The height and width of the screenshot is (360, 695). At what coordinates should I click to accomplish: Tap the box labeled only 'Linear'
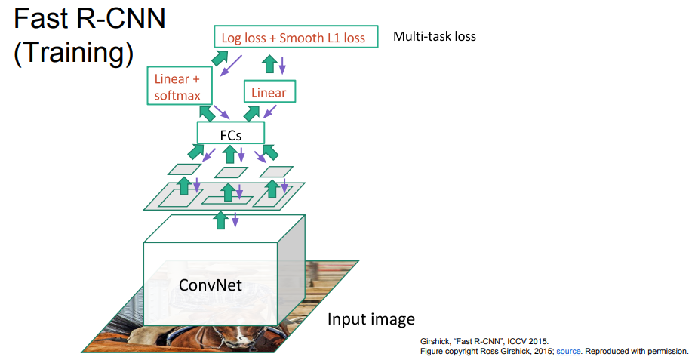(269, 93)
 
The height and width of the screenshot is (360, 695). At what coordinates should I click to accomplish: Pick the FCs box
(230, 133)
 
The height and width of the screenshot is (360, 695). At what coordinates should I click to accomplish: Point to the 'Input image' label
(371, 318)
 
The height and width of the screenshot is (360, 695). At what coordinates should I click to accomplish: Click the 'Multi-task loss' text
(434, 36)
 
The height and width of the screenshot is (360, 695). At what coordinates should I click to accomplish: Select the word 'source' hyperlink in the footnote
(567, 351)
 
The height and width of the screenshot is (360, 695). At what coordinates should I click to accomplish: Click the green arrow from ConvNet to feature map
(221, 220)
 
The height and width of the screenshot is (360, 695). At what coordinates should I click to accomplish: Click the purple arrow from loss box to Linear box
(282, 66)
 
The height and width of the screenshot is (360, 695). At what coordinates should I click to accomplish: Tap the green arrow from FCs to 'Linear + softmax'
(205, 113)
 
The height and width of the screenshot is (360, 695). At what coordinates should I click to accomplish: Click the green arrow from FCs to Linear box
(253, 112)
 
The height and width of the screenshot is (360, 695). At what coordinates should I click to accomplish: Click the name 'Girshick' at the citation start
(435, 341)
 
